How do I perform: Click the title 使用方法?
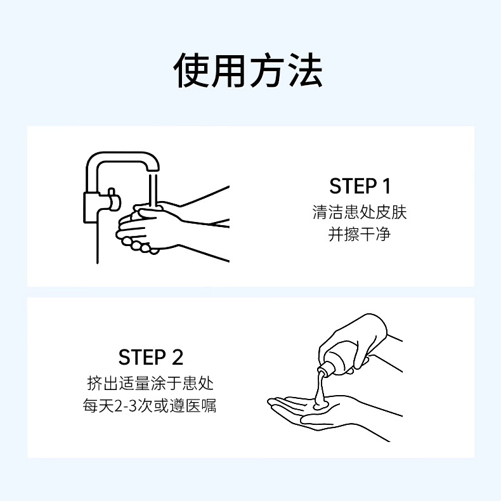[248, 70]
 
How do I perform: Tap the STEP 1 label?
[360, 186]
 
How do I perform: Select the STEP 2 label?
[151, 357]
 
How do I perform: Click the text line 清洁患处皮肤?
[360, 212]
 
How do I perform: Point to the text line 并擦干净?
[360, 234]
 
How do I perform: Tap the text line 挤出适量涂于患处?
[150, 383]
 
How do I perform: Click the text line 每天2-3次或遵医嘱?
[150, 405]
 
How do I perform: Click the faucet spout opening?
[153, 172]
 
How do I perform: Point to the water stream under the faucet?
[153, 190]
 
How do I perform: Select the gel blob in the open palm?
[320, 403]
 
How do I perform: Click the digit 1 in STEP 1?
[386, 186]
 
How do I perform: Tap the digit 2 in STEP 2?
[178, 357]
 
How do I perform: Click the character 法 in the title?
[304, 70]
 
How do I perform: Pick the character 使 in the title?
[191, 70]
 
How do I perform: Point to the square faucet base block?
[93, 207]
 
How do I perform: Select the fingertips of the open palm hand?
[275, 404]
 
